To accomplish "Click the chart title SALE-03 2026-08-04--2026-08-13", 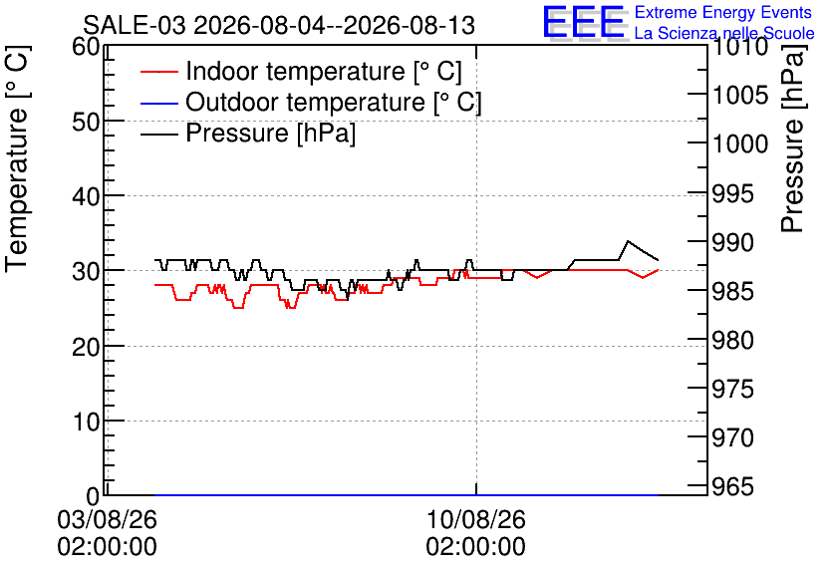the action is coord(279,25).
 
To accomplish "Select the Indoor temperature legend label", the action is coord(324,71).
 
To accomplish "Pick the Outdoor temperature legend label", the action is coord(334,102).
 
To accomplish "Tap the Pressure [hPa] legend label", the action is coord(270,133).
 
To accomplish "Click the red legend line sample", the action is coord(158,72).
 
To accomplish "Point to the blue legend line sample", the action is coord(158,103).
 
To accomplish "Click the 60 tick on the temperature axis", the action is coord(86,47).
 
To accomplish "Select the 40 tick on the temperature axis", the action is coord(86,196).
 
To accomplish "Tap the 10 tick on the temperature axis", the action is coord(86,422).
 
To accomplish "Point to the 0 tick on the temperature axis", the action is coord(93,496).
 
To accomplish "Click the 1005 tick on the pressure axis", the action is coord(740,96).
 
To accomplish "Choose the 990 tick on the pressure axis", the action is coord(732,243).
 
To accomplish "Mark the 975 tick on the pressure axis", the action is coord(732,390).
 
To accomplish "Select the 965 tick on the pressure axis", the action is coord(732,486).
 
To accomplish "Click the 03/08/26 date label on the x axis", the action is coord(108,519).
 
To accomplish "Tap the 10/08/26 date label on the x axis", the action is coord(476,519).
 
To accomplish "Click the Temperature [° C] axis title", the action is coord(18,158).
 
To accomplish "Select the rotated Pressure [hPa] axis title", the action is coord(793,139).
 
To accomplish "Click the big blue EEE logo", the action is coord(583,22).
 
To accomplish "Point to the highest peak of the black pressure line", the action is coord(628,240).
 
